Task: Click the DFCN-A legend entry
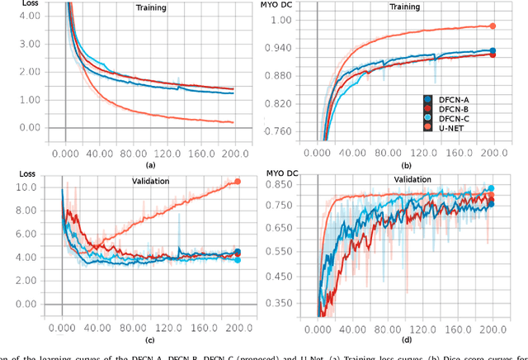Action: [450, 100]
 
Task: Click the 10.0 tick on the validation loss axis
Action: [28, 187]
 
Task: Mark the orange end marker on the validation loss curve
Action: [238, 181]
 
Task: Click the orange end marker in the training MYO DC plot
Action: [493, 26]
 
